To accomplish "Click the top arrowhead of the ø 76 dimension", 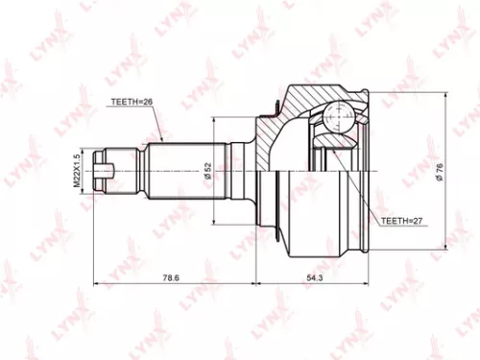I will coord(446,97).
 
